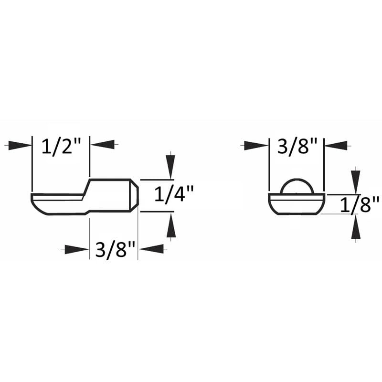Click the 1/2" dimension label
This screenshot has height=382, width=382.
(x=61, y=145)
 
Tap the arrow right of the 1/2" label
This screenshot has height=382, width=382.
(x=102, y=145)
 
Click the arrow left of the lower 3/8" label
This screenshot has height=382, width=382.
(x=76, y=249)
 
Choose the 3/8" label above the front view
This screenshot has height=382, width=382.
(x=297, y=145)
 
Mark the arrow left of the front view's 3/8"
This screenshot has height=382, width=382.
(x=256, y=145)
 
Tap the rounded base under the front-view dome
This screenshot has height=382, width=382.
(x=297, y=204)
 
